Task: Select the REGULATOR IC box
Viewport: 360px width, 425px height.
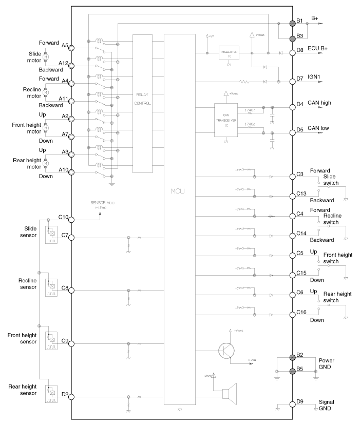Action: pyautogui.click(x=229, y=53)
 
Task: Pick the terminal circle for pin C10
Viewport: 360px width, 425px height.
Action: pyautogui.click(x=71, y=220)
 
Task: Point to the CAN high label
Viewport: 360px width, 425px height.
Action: pyautogui.click(x=319, y=103)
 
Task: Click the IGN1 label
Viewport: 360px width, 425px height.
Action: pyautogui.click(x=314, y=78)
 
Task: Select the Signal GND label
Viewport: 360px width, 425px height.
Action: pyautogui.click(x=326, y=405)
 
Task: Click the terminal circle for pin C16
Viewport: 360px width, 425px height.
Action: pyautogui.click(x=292, y=313)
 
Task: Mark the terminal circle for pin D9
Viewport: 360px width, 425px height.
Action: pyautogui.click(x=292, y=404)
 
